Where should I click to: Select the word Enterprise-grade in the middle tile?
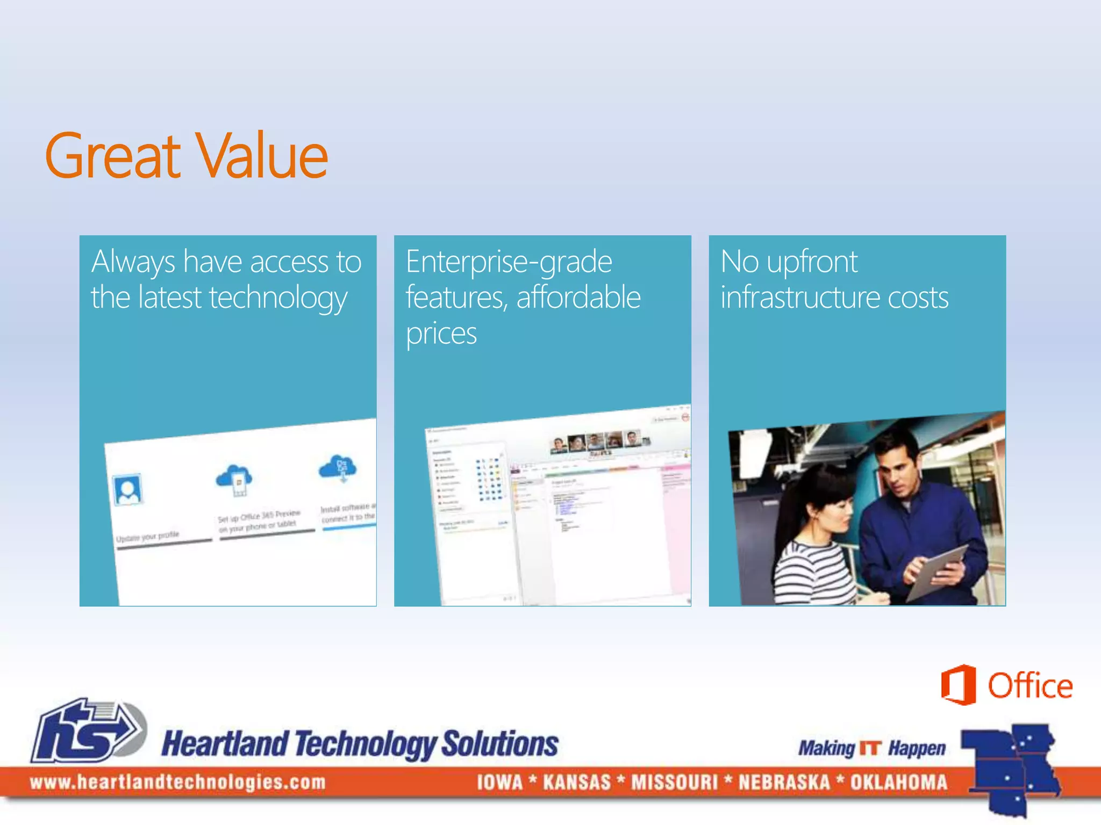(509, 262)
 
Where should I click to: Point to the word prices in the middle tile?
(441, 334)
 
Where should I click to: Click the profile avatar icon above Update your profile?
(128, 490)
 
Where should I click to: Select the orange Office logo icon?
(958, 685)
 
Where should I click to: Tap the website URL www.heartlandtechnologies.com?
(178, 782)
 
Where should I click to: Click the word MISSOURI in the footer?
(674, 782)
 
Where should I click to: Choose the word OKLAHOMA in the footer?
(898, 782)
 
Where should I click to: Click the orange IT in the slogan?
(871, 748)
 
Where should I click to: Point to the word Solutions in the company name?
(500, 744)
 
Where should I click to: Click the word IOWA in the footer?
(499, 782)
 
